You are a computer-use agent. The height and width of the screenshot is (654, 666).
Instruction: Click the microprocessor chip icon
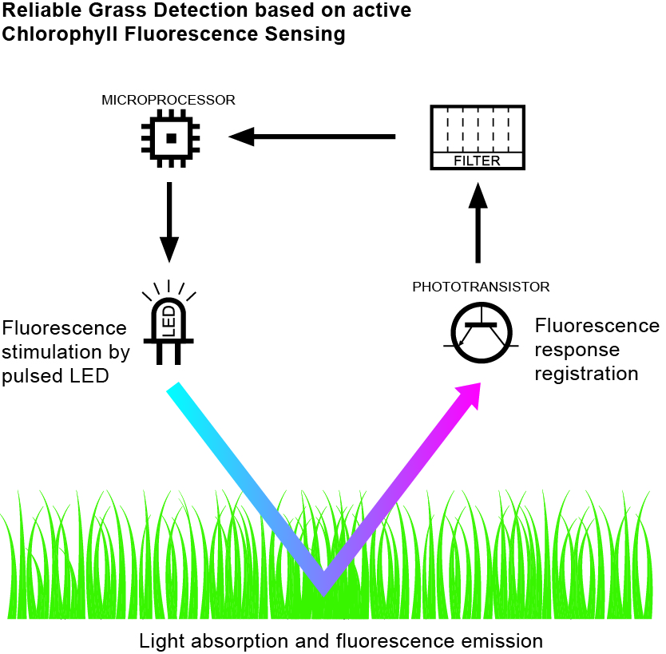click(x=170, y=138)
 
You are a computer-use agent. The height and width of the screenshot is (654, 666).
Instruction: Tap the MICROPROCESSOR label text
click(x=168, y=100)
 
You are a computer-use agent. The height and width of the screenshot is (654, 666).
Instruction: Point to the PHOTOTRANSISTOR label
click(x=481, y=287)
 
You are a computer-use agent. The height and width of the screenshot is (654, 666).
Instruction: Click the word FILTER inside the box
click(x=477, y=161)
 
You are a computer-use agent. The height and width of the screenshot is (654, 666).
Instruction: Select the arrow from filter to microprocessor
click(x=312, y=137)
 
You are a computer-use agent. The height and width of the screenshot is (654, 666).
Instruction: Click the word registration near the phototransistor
click(x=586, y=373)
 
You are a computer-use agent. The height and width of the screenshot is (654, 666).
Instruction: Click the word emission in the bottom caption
click(x=505, y=640)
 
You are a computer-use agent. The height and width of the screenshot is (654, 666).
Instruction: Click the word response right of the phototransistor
click(x=577, y=350)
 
